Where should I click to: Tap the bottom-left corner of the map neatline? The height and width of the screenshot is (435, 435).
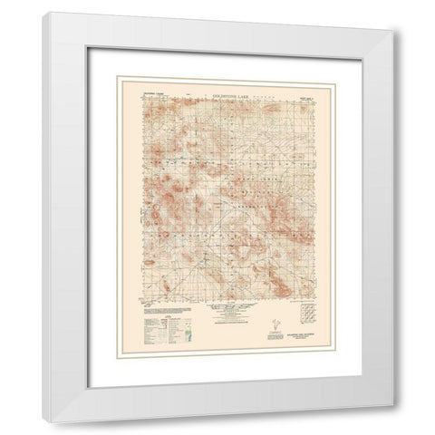[x=137, y=300]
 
